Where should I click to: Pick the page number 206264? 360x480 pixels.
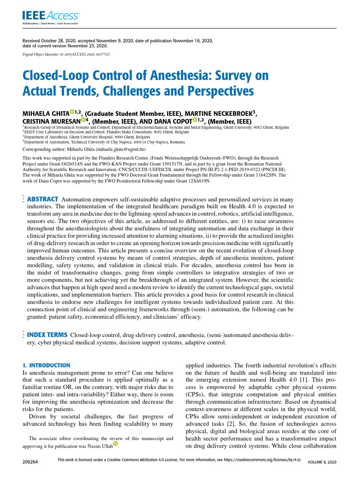pyautogui.click(x=30, y=462)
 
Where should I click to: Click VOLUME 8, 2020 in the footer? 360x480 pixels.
pyautogui.click(x=322, y=462)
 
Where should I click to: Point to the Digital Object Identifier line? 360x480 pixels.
pyautogui.click(x=66, y=54)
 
